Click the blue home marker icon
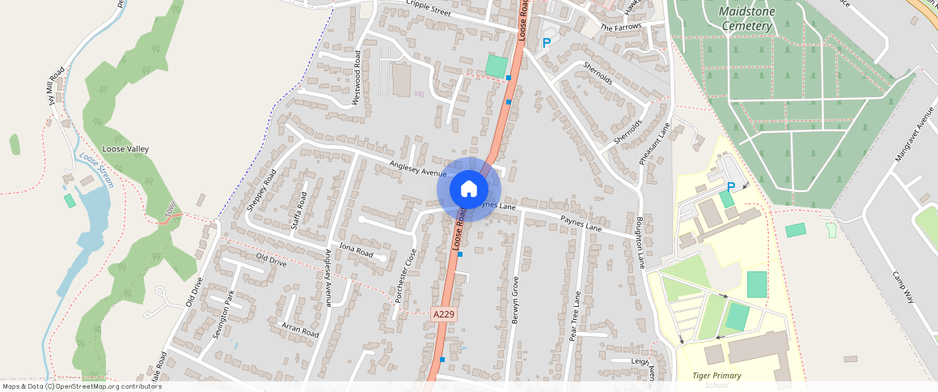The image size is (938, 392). tap(469, 189)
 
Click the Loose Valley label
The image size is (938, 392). tap(125, 149)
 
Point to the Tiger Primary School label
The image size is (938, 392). tap(716, 379)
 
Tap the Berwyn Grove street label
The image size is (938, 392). tap(514, 300)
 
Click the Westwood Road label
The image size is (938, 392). tap(357, 78)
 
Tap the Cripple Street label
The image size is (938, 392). tap(429, 8)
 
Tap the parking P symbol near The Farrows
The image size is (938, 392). tap(547, 43)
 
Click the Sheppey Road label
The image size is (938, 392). tap(262, 190)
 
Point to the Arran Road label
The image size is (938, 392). tap(300, 329)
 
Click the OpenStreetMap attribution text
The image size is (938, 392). tap(82, 386)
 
